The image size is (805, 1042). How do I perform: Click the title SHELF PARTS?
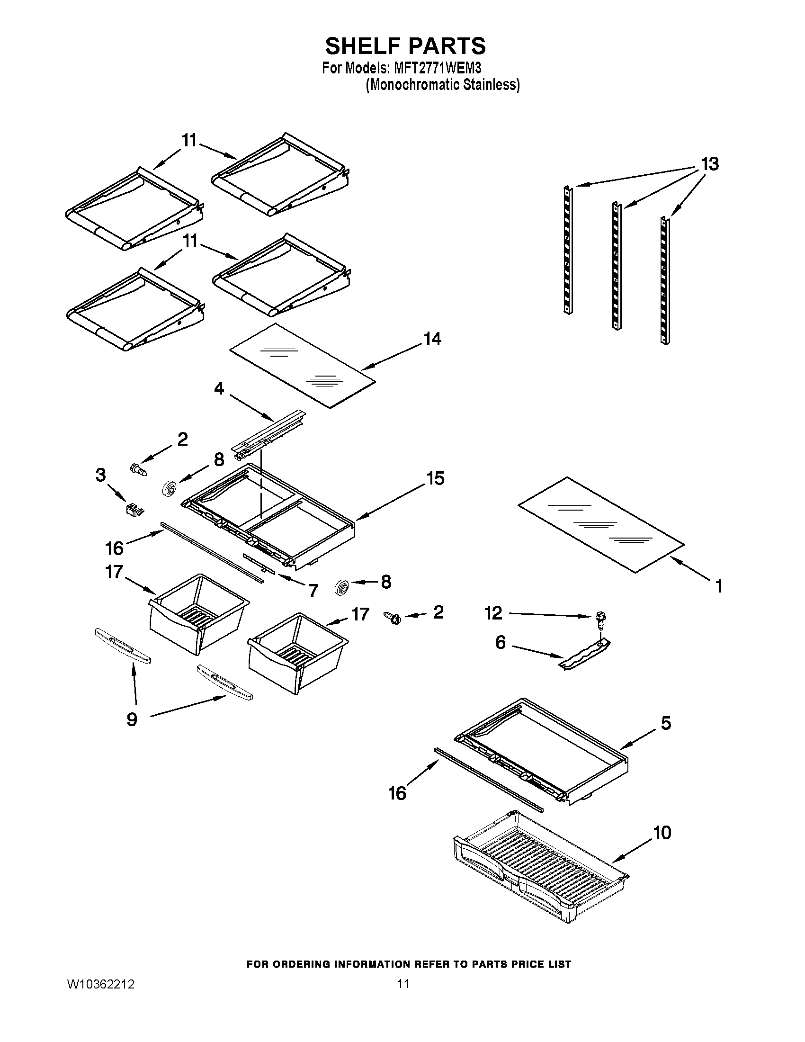[x=405, y=46]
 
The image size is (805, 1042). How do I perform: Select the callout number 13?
[x=709, y=164]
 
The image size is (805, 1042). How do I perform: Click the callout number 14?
[x=432, y=339]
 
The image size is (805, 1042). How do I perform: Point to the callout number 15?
[x=435, y=478]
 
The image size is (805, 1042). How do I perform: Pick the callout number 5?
[x=666, y=723]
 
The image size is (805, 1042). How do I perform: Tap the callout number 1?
[x=719, y=586]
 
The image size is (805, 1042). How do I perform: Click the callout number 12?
[x=493, y=613]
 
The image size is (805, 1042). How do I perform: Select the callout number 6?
[x=500, y=643]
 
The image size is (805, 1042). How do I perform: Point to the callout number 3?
[x=100, y=475]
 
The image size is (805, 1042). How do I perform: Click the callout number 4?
[x=219, y=388]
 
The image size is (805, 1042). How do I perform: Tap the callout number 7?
[x=313, y=591]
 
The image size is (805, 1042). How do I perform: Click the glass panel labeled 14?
[x=303, y=366]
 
